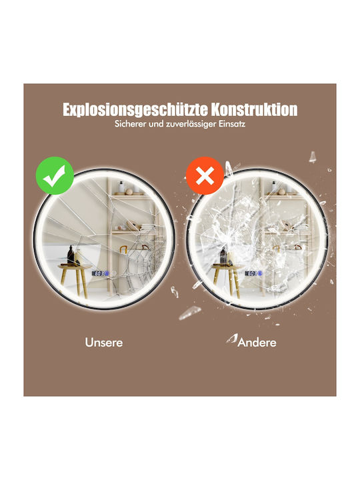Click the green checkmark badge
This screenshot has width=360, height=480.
[55, 176]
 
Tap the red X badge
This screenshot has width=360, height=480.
[205, 176]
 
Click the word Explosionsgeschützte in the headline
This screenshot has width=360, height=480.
[135, 109]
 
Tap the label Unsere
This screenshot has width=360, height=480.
[104, 342]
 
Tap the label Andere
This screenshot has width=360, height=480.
[257, 342]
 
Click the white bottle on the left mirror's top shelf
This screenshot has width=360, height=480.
[121, 187]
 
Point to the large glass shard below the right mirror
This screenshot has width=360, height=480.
[190, 313]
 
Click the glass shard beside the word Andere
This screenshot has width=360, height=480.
[232, 338]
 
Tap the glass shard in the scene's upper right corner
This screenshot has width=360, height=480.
[312, 157]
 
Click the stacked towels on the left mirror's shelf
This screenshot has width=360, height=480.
[150, 227]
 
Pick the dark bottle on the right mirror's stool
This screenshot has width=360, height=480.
[223, 255]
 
